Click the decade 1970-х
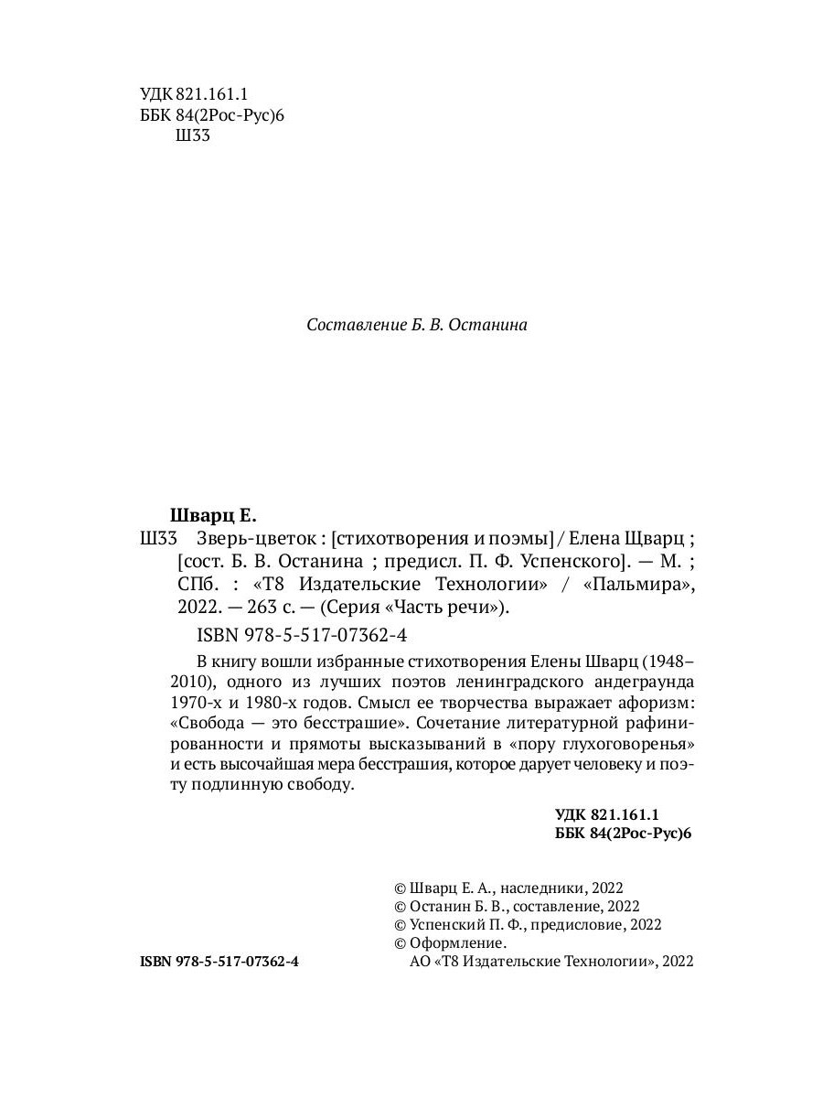tap(197, 705)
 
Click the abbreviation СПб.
tap(190, 585)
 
